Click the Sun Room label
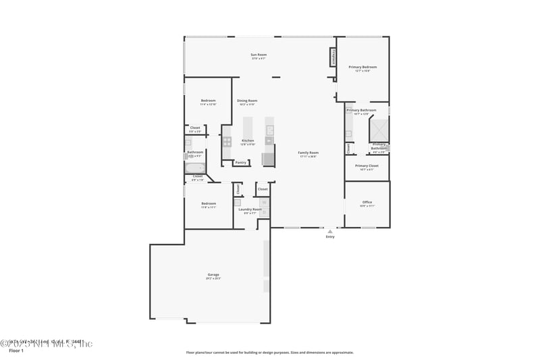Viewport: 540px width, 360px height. [259, 55]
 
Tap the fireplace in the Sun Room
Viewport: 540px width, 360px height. [332, 57]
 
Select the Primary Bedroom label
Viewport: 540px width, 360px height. [362, 68]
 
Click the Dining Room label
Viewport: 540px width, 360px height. [247, 101]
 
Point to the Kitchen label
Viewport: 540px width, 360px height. [248, 140]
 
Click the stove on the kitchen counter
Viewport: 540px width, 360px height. [227, 142]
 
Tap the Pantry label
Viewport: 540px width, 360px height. [240, 162]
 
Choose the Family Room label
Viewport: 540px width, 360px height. [308, 153]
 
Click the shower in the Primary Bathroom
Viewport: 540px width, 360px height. [378, 129]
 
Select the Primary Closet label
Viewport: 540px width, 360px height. [367, 166]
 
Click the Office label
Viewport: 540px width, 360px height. [367, 203]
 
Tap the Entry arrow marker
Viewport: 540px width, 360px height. [330, 231]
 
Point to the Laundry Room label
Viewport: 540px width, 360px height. [250, 209]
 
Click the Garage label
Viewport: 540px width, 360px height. [213, 275]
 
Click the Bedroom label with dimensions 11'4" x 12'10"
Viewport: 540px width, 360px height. [208, 101]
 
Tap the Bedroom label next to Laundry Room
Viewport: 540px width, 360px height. [209, 204]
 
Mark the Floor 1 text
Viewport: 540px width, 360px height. [16, 351]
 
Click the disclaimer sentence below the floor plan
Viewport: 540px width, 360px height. [269, 352]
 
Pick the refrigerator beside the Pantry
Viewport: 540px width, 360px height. [269, 159]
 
